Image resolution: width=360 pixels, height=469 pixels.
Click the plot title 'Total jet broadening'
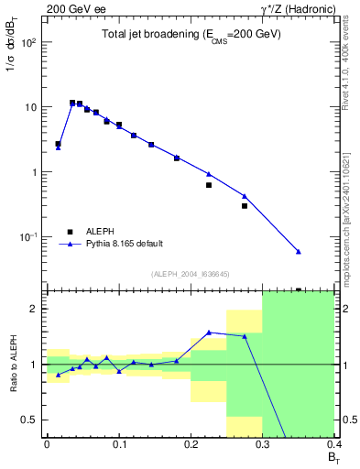point(191,35)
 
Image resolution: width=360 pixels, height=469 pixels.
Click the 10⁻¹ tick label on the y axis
point(28,237)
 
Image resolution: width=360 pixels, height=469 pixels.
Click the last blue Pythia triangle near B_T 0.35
point(299,252)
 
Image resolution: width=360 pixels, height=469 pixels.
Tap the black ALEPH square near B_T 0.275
point(245,206)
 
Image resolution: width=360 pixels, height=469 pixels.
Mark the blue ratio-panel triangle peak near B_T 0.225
point(209,333)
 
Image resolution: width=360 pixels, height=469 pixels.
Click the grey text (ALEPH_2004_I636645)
point(191,274)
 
